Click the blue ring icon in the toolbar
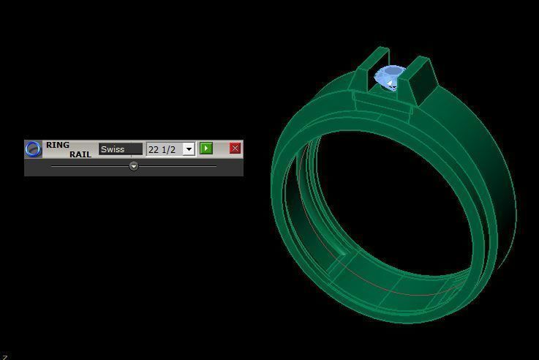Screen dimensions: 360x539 (33, 149)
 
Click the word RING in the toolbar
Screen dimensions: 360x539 (58, 145)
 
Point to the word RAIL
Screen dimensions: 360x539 (80, 154)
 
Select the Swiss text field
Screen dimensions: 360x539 (121, 149)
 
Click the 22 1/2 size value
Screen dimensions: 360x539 (163, 149)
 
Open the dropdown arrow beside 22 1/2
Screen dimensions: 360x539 (189, 149)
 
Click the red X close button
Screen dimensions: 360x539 (235, 149)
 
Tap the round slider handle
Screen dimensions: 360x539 (134, 166)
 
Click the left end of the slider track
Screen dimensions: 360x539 (53, 166)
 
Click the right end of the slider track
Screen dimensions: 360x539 (215, 166)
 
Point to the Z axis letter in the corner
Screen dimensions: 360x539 (4, 356)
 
